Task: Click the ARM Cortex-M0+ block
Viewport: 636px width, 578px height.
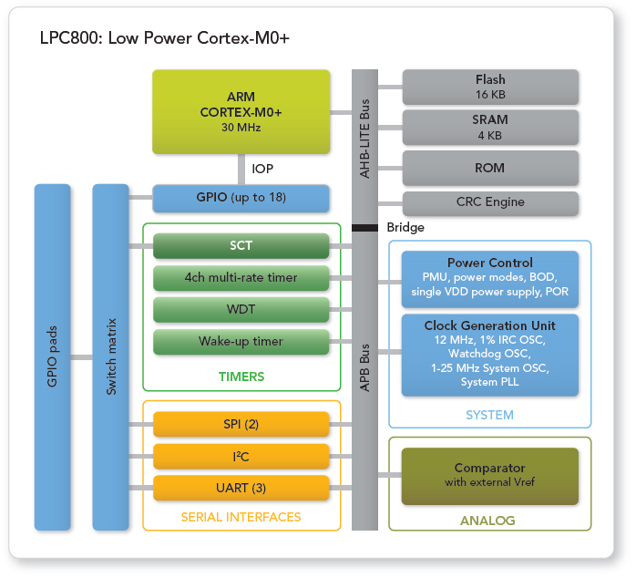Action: pos(241,111)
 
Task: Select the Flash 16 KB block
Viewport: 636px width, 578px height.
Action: pos(490,87)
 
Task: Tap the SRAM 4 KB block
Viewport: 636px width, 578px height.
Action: pos(490,127)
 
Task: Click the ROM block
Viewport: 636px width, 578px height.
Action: pos(490,168)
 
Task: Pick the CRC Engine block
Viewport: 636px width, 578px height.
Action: pos(490,202)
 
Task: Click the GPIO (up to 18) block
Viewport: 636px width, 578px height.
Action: pos(241,198)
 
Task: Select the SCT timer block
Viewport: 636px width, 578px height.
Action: pos(241,246)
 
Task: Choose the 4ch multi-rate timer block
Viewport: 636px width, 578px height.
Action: pos(241,277)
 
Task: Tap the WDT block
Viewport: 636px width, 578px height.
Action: pos(241,309)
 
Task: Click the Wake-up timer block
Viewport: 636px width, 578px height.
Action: pos(241,341)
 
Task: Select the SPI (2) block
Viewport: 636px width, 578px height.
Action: pos(241,424)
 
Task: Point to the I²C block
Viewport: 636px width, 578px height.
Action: pos(241,456)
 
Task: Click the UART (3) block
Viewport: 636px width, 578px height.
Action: pos(241,488)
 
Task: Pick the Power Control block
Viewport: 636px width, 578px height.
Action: pos(489,278)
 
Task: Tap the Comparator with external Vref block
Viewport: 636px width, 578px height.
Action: pos(489,475)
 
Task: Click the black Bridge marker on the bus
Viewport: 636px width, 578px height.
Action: pos(364,227)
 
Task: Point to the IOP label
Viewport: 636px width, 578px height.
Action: pos(262,169)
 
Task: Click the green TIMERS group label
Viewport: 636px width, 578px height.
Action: pos(241,377)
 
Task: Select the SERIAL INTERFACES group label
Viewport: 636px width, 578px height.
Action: pos(241,517)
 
